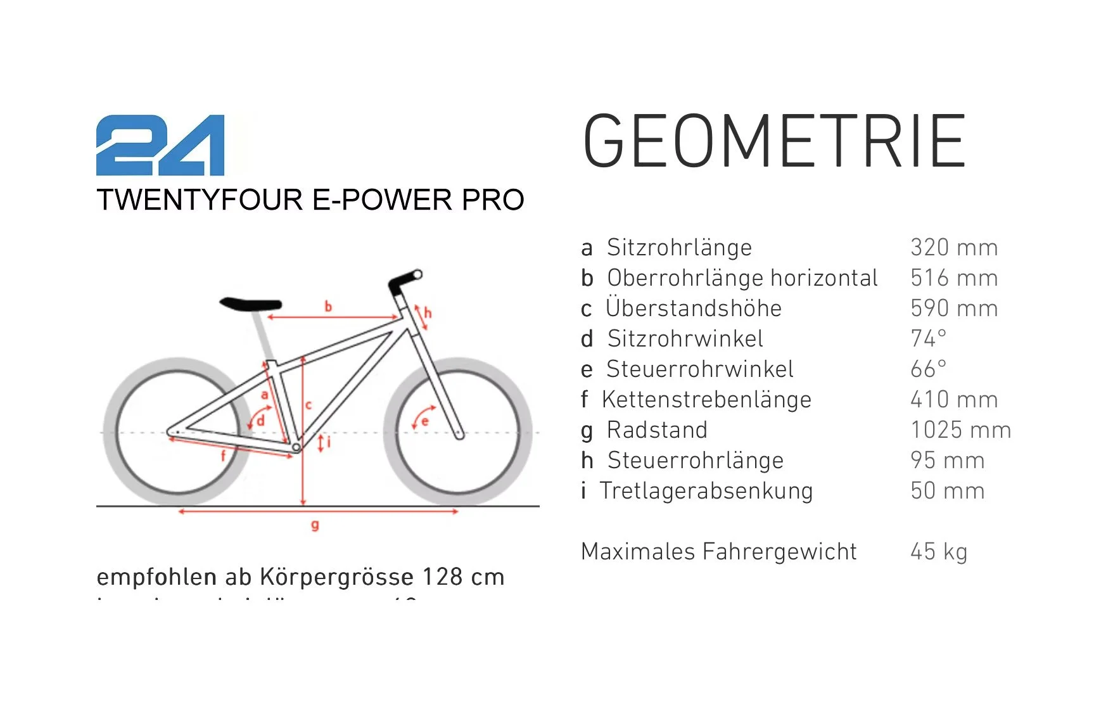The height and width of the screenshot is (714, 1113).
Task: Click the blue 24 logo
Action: tap(160, 145)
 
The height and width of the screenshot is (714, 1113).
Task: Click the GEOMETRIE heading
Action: tap(773, 141)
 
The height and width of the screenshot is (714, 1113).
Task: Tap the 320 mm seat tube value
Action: tap(954, 247)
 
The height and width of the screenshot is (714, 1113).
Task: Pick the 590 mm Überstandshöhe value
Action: tap(954, 308)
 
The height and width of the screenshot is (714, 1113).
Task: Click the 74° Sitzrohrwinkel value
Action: tap(929, 338)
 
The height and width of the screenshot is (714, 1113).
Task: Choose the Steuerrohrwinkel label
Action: tap(699, 369)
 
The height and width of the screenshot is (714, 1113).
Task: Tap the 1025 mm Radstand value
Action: tap(960, 430)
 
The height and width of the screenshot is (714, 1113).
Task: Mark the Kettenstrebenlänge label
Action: tap(706, 399)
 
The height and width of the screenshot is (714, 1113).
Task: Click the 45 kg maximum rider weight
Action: tap(939, 551)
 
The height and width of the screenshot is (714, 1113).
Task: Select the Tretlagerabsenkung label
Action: tap(706, 490)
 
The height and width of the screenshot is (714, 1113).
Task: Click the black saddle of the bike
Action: tap(251, 303)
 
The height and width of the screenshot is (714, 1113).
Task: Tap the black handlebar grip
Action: tap(405, 279)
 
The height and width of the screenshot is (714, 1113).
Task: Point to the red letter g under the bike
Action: tap(315, 525)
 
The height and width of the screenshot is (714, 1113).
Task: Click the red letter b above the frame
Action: tap(328, 307)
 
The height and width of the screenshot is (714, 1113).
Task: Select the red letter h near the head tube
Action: tap(428, 312)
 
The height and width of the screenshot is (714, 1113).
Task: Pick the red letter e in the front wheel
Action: tap(425, 421)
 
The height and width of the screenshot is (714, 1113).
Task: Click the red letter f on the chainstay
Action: tap(223, 455)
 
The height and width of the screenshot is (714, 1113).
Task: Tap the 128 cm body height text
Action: tap(463, 577)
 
